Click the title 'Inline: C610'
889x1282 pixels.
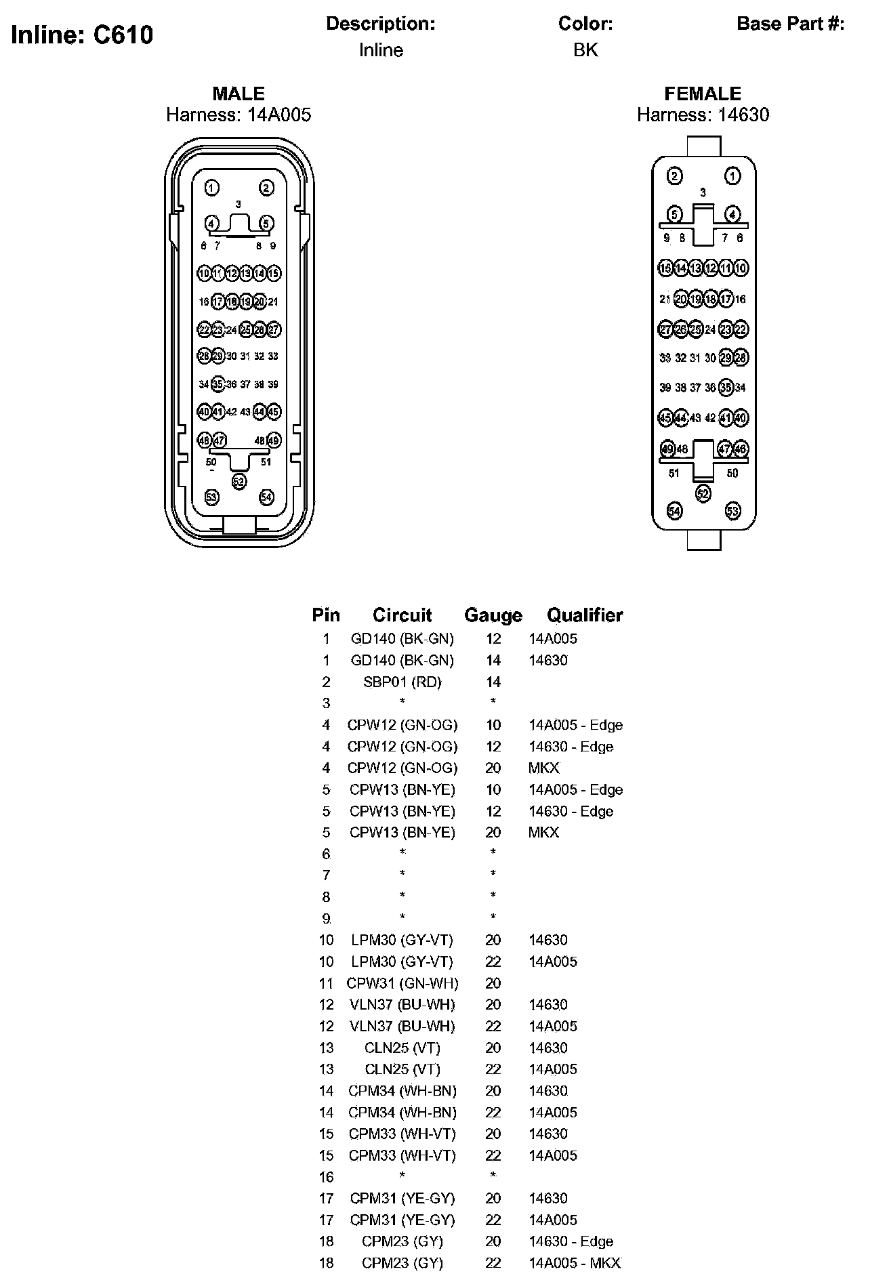(x=82, y=35)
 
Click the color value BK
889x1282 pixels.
(x=585, y=50)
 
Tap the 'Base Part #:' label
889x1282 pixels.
(x=790, y=24)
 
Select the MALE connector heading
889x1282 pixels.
(x=239, y=94)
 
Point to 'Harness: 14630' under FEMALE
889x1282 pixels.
(x=703, y=115)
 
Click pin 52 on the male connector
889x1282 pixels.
(x=239, y=481)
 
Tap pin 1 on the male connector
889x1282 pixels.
(x=212, y=188)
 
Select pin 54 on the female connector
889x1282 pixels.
(x=674, y=511)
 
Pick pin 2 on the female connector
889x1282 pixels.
(x=674, y=176)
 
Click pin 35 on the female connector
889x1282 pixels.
(x=726, y=388)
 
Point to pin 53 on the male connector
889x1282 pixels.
(x=212, y=497)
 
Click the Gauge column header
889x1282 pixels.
(x=493, y=615)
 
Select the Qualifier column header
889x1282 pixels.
(x=585, y=615)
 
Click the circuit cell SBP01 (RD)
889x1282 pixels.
(x=402, y=682)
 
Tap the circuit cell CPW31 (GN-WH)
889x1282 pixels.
(x=402, y=983)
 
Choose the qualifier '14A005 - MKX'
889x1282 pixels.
(x=575, y=1263)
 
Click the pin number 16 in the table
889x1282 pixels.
(x=326, y=1177)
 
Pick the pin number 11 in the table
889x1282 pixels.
(x=326, y=983)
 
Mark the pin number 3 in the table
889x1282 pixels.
(x=326, y=703)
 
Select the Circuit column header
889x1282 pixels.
(x=402, y=615)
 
